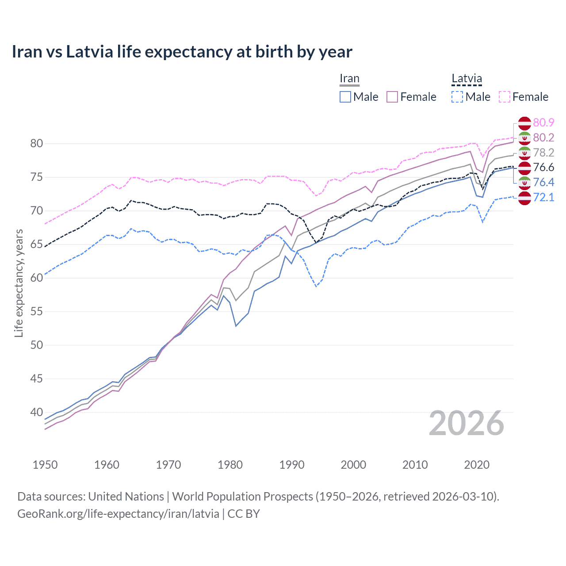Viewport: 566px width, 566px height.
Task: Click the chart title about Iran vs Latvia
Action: tap(182, 52)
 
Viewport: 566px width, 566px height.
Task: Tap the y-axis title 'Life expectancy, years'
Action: tap(19, 283)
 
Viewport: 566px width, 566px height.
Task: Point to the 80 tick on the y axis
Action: tap(36, 144)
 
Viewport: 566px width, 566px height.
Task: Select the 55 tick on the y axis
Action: tap(36, 312)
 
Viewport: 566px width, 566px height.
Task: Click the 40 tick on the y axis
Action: tap(36, 413)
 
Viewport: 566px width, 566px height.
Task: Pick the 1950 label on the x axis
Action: tap(45, 465)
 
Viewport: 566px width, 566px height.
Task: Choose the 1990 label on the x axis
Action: tap(292, 465)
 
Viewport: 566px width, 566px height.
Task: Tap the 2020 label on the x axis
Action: tap(477, 465)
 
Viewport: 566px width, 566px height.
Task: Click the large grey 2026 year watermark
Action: tap(467, 424)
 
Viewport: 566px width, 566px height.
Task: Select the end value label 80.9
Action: tap(543, 122)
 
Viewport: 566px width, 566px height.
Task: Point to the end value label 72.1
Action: tap(543, 197)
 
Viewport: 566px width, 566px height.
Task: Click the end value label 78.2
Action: tap(543, 153)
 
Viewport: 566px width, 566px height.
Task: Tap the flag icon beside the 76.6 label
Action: tap(524, 168)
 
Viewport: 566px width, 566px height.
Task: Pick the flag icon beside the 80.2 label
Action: tap(524, 138)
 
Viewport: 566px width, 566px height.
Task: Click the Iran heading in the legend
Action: tap(349, 79)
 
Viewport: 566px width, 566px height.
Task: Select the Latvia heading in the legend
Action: tap(467, 79)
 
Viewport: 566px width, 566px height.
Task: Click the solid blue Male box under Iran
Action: tap(345, 97)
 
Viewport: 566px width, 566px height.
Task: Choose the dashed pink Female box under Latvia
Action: tap(505, 97)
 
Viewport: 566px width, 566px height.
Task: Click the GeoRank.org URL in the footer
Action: tap(118, 514)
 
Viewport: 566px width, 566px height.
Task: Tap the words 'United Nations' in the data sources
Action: tap(126, 497)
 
